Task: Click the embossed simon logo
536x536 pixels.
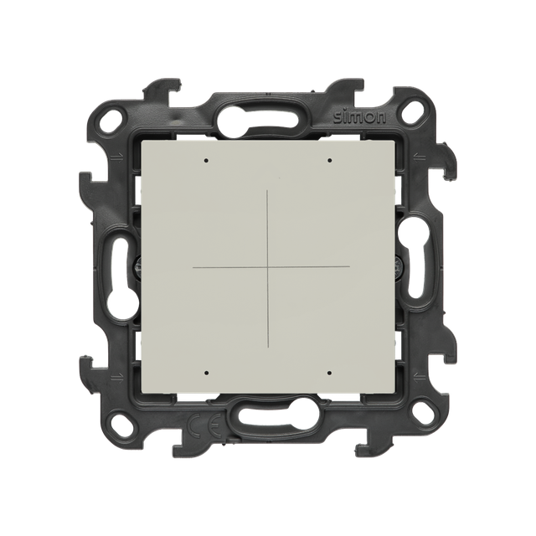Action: pos(359,117)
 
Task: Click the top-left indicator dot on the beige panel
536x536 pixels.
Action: pos(206,160)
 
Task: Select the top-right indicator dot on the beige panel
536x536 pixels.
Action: pos(329,160)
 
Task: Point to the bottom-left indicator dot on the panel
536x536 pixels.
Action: pos(206,373)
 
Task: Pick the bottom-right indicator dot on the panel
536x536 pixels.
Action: pos(329,373)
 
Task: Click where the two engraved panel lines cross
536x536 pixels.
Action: pos(267,266)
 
